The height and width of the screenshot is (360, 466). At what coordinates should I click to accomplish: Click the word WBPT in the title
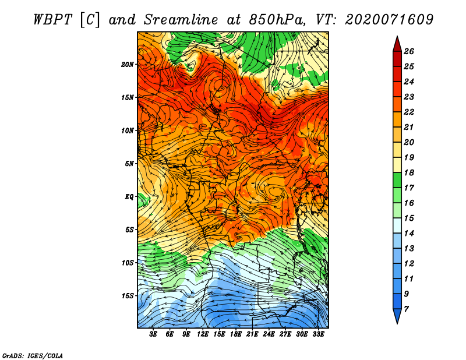point(53,20)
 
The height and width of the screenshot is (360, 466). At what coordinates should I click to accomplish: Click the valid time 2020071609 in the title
point(389,20)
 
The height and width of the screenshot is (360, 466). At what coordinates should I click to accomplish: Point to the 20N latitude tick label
point(128,65)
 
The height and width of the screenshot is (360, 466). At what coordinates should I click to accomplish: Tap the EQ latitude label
point(129,197)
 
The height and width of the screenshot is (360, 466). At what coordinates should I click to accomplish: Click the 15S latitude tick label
point(128,296)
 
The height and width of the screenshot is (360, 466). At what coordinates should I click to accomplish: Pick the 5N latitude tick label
point(129,164)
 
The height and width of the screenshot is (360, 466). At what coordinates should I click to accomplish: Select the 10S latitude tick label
point(128,263)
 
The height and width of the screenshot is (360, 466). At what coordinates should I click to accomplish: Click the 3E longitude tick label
point(153,334)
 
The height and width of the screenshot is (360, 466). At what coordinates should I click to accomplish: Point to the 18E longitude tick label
point(236,334)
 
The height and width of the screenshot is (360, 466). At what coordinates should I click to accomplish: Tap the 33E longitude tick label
point(318,334)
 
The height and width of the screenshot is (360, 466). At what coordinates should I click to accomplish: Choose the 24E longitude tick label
point(269,334)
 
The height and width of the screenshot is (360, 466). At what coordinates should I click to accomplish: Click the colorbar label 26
point(409,51)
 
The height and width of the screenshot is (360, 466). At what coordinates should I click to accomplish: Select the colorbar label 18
point(409,172)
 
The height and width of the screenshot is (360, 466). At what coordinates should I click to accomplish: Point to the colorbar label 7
point(406,309)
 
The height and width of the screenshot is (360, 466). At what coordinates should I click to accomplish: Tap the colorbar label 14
point(409,234)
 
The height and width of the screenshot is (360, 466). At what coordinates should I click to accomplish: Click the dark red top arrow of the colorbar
point(397,44)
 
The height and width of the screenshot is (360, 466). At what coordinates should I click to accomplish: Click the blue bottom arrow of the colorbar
point(397,316)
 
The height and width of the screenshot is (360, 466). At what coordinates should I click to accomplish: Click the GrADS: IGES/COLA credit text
point(33,355)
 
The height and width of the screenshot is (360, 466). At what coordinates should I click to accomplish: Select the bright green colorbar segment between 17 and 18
point(397,180)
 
